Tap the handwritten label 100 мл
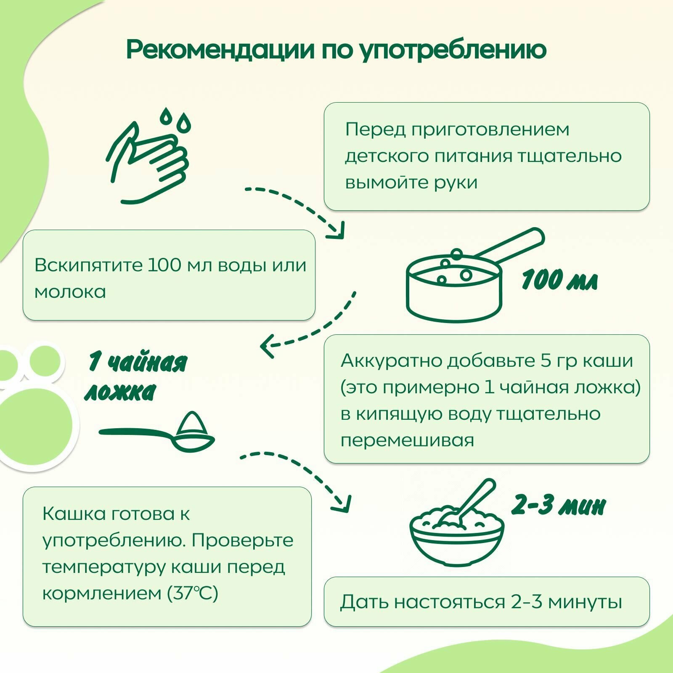point(559,280)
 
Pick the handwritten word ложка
point(120,392)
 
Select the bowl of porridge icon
point(456,534)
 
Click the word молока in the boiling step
point(70,292)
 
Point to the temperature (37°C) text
point(193,594)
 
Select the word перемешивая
point(407,440)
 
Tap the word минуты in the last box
point(585,602)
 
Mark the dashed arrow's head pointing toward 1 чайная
point(266,346)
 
